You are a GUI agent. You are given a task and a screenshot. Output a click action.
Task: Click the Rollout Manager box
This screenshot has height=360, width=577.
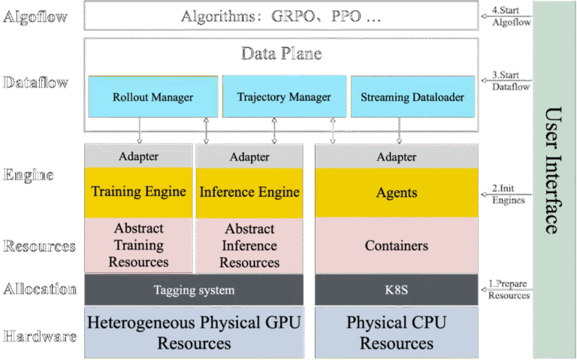click(x=153, y=97)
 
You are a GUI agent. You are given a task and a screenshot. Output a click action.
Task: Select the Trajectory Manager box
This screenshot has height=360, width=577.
click(x=284, y=97)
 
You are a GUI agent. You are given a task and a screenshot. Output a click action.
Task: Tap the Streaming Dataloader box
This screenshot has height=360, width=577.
click(x=412, y=97)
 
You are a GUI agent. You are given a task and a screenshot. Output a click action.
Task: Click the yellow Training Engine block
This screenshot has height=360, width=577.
click(x=137, y=192)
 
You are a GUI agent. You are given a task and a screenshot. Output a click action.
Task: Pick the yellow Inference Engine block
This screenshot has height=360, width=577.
click(x=249, y=192)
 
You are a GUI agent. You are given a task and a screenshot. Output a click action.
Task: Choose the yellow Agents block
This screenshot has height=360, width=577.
click(x=396, y=193)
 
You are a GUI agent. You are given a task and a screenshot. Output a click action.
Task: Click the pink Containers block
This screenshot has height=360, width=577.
click(x=396, y=246)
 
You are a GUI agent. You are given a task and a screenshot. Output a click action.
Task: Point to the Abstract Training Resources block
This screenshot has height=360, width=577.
click(x=137, y=245)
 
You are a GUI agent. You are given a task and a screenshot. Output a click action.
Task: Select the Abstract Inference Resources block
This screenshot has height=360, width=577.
click(x=249, y=246)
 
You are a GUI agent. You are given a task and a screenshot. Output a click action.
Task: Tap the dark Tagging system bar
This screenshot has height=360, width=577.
click(x=194, y=290)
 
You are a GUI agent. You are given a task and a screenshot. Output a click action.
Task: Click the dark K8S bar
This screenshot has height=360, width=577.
click(x=396, y=290)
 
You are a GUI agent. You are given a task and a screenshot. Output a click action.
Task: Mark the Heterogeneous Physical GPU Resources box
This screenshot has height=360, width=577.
click(x=194, y=332)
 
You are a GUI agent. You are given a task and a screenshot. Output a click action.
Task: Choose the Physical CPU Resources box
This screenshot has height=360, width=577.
click(x=396, y=332)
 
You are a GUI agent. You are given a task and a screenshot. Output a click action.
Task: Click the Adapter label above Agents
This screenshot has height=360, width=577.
click(x=396, y=157)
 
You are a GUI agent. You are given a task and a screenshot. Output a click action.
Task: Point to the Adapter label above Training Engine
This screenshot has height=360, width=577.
click(x=137, y=157)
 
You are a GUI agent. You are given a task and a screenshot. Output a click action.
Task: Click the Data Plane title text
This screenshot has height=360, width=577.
click(x=281, y=53)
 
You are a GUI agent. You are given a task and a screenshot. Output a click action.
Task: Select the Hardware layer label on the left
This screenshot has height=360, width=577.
click(x=39, y=336)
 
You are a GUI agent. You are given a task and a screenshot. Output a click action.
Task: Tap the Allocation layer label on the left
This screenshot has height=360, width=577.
click(x=39, y=289)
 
